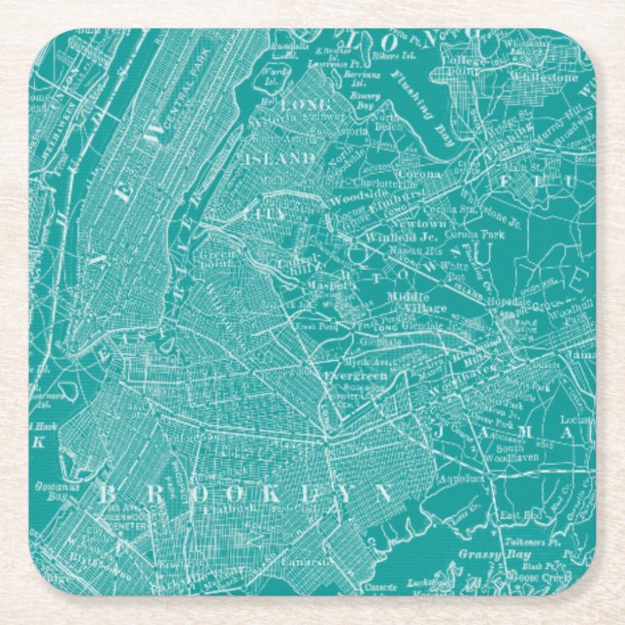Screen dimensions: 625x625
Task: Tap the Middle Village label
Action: tap(417, 302)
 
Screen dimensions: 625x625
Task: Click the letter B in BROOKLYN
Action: tap(105, 493)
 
